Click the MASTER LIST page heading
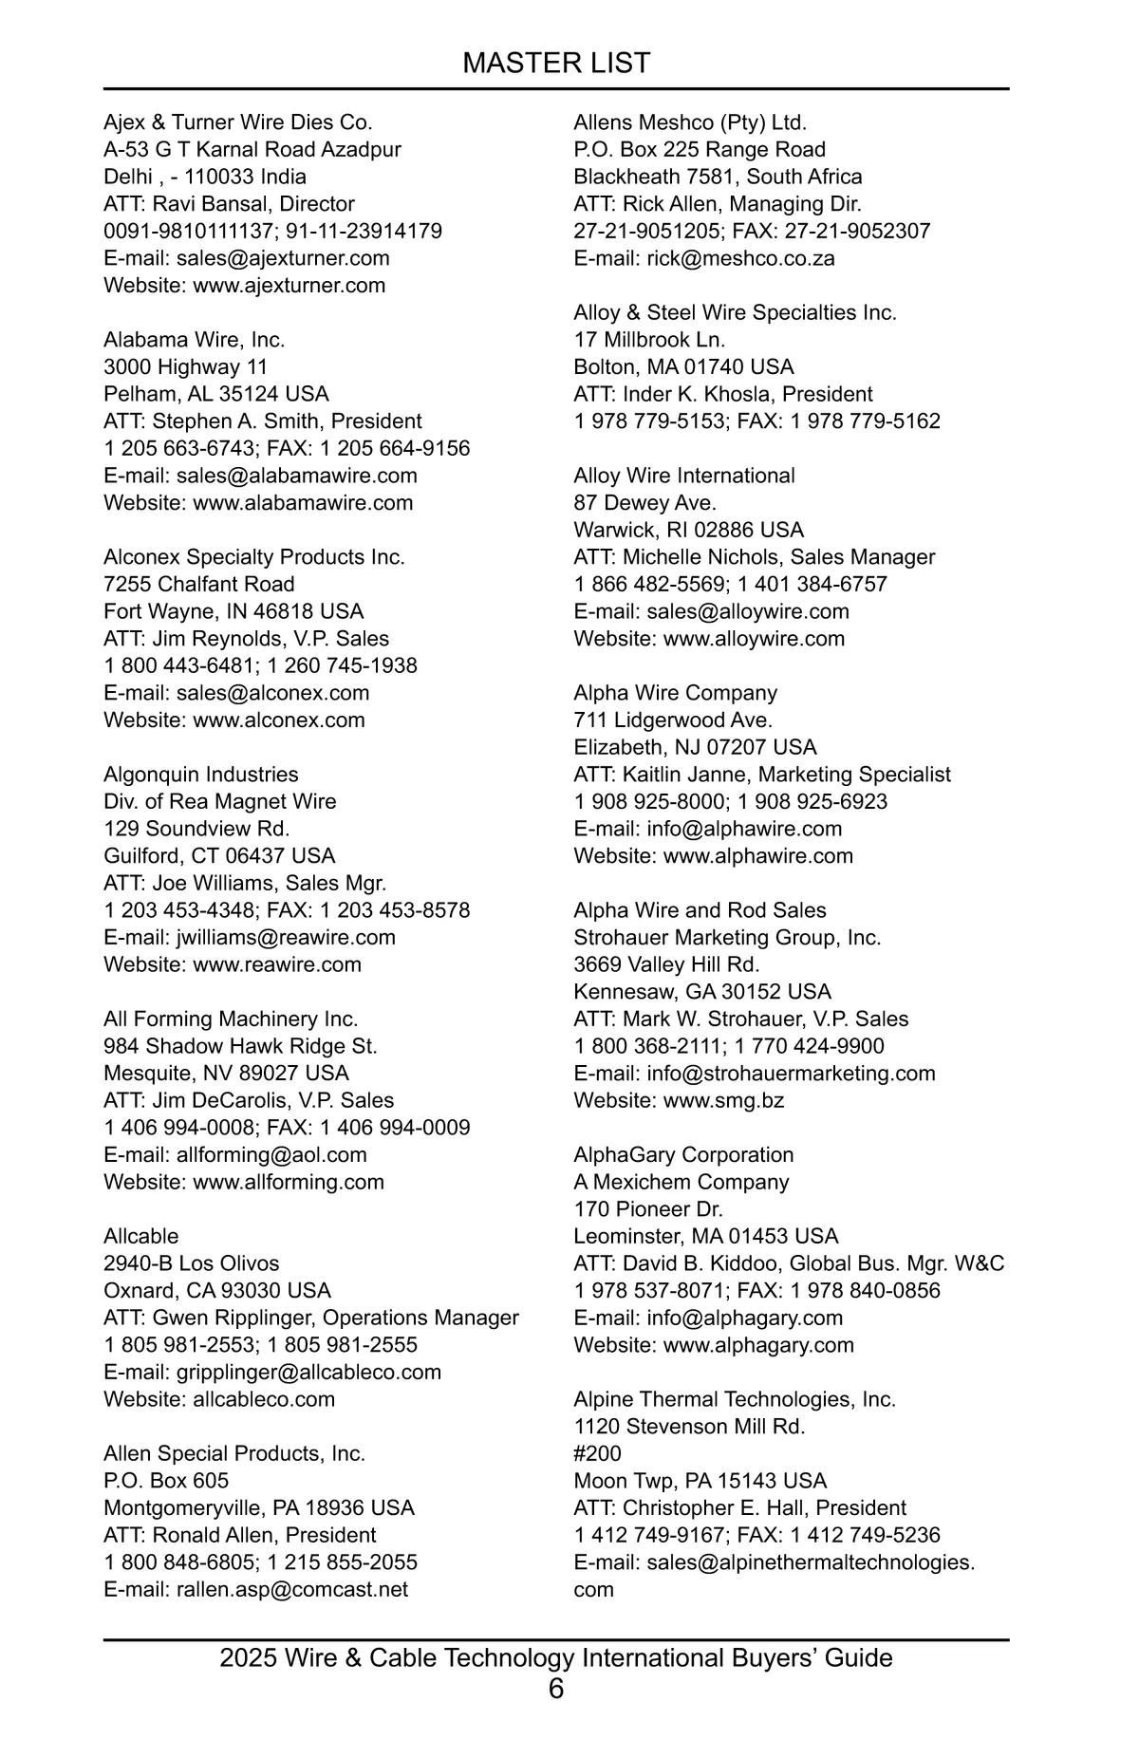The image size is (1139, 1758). click(x=556, y=63)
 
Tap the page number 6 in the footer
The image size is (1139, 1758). click(x=556, y=1689)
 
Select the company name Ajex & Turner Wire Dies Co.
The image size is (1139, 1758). click(x=238, y=122)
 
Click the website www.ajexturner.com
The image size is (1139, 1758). click(x=289, y=286)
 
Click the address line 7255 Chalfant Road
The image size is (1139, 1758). click(x=199, y=585)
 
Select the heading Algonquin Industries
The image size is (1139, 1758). click(x=201, y=775)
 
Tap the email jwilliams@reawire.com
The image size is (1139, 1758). click(x=286, y=938)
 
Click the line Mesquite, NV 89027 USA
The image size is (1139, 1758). click(x=227, y=1074)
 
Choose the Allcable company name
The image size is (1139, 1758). click(x=141, y=1237)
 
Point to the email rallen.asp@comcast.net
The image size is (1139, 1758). click(x=292, y=1590)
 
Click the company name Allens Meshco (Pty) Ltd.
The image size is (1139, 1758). click(x=690, y=122)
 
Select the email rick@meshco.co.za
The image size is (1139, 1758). click(x=740, y=258)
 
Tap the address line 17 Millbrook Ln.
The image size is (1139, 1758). click(x=649, y=340)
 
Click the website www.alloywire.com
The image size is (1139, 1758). click(x=754, y=639)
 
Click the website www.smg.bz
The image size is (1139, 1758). click(x=723, y=1101)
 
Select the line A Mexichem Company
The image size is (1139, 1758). click(x=682, y=1183)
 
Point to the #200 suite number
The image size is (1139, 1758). click(x=598, y=1454)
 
